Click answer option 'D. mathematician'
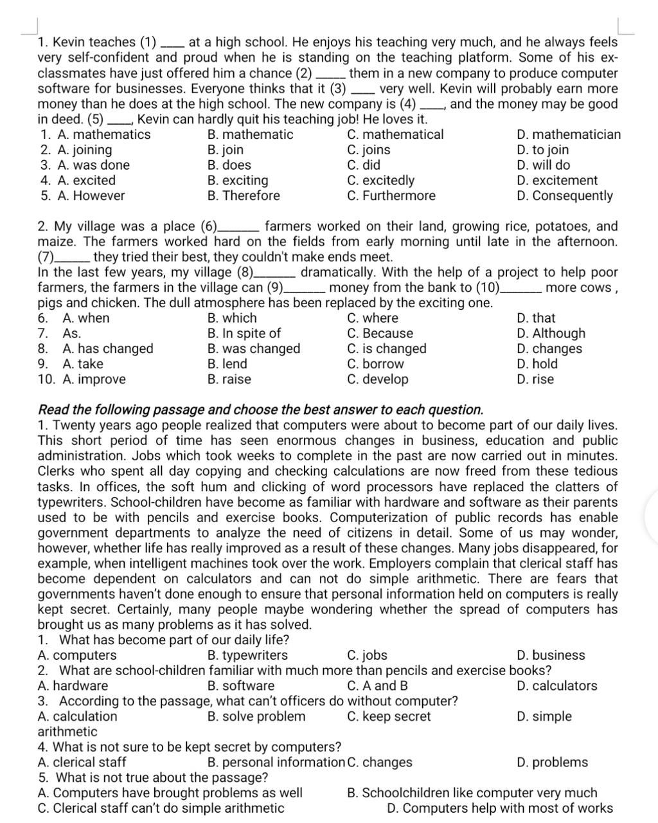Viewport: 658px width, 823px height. tap(569, 135)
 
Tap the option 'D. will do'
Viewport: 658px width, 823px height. tap(543, 165)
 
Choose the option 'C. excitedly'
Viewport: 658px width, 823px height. tap(380, 181)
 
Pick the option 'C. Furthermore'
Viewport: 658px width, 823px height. tap(391, 196)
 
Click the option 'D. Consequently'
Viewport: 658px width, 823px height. tap(565, 196)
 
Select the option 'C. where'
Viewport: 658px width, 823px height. tap(372, 318)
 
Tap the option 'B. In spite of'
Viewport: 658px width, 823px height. tap(244, 334)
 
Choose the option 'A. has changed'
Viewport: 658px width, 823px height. tap(108, 349)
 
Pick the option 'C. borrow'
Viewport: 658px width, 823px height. tap(375, 364)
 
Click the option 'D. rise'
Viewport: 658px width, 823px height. tap(535, 379)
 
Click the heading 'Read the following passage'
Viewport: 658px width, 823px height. tap(260, 410)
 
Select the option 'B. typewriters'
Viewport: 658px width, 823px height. tap(248, 656)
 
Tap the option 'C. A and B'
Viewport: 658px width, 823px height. tap(377, 686)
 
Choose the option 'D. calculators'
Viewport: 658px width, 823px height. tap(556, 686)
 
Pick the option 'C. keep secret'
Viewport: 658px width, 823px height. tap(389, 717)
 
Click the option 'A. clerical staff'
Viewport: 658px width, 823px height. tap(82, 763)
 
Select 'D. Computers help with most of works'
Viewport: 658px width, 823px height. tap(501, 809)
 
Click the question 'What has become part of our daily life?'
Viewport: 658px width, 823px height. tap(173, 640)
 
